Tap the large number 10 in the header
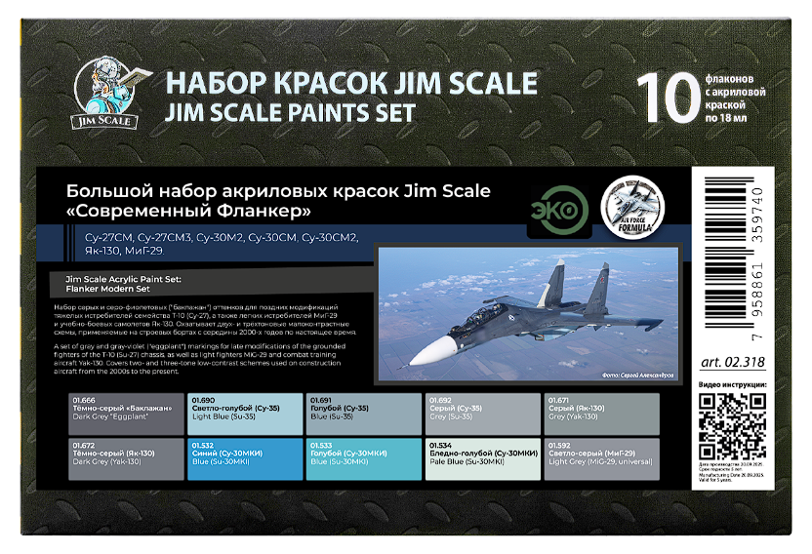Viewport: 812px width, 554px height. click(666, 99)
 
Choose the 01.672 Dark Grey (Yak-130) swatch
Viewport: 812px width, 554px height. click(125, 458)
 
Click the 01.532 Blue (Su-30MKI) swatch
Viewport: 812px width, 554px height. click(244, 458)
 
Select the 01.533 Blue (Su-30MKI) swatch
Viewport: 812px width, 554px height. click(363, 458)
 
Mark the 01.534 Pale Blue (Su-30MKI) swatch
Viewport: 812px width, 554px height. click(482, 458)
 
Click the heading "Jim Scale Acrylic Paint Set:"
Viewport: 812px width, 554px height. click(122, 279)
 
